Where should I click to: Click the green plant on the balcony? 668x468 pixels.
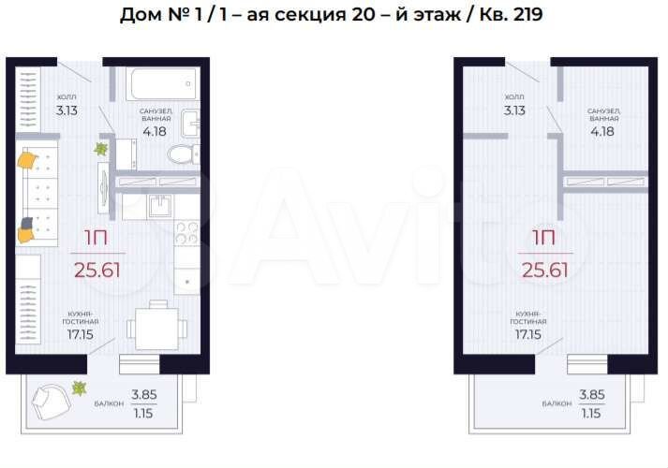point(81,388)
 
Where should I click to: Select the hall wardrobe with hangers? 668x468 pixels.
point(25,94)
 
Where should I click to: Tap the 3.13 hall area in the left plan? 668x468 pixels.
point(67,110)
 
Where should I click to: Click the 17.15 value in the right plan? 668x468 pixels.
point(529,332)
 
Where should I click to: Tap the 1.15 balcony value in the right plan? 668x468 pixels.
point(591,411)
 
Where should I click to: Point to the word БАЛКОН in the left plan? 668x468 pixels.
point(107,404)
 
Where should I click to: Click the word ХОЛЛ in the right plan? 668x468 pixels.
point(514,96)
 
